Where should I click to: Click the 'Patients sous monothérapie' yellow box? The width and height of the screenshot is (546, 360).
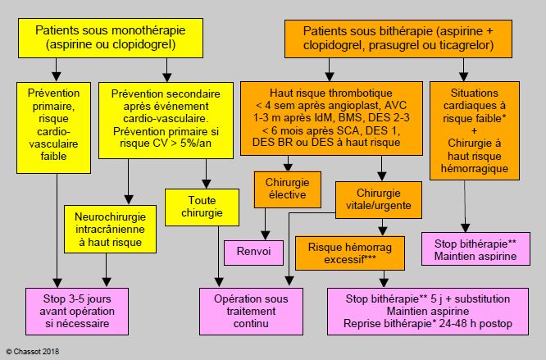click(111, 38)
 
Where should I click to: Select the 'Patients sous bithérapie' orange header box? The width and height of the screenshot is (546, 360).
click(398, 39)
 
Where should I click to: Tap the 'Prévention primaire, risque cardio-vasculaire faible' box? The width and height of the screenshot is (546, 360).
click(53, 128)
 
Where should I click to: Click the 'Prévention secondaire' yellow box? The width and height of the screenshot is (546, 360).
click(166, 121)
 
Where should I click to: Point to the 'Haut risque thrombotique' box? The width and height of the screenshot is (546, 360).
click(331, 118)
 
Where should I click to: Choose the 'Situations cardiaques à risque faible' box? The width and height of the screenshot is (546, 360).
click(475, 131)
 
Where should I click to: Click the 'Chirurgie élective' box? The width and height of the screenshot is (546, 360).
click(288, 189)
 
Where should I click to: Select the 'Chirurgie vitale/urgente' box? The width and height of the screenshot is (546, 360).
click(379, 200)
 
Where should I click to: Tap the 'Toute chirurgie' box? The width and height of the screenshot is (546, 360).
click(202, 207)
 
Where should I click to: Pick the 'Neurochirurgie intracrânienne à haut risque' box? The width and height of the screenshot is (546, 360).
click(110, 229)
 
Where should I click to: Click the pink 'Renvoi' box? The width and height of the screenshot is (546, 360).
click(253, 253)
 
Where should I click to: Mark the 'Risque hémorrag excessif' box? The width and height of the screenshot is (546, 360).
click(350, 253)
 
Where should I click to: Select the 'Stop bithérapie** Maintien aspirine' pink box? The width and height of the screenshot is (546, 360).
click(475, 249)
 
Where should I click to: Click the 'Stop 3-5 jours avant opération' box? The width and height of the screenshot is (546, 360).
click(77, 312)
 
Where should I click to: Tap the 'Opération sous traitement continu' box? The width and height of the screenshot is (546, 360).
click(251, 312)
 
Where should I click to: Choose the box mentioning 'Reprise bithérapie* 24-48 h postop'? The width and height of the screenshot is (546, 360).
click(428, 312)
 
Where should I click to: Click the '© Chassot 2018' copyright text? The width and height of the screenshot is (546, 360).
click(33, 352)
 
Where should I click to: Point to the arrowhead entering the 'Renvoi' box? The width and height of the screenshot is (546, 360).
click(266, 235)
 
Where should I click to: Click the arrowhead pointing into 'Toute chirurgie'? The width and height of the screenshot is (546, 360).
click(207, 185)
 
